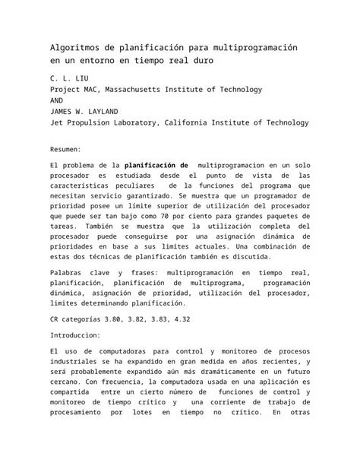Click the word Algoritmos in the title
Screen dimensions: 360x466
click(74, 48)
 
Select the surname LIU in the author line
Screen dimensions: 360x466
click(81, 78)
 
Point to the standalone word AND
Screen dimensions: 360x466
click(55, 100)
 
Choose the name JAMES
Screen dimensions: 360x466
click(61, 110)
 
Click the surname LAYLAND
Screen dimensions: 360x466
click(122, 110)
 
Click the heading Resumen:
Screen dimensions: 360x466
click(70, 151)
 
